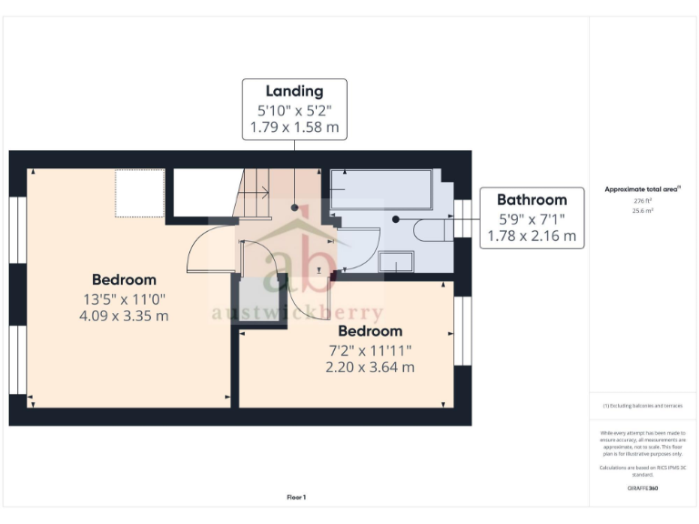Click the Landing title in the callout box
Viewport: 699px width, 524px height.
294,91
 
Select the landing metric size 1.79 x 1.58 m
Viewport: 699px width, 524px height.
294,127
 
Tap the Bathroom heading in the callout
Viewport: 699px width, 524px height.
532,200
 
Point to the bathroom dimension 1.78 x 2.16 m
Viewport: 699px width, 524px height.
532,236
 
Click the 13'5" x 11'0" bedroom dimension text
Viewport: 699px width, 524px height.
124,298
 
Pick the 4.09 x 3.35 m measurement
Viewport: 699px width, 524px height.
124,316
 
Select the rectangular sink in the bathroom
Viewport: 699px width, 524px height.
396,262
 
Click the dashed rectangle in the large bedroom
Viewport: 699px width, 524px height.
139,192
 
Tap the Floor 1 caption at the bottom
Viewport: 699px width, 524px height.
296,498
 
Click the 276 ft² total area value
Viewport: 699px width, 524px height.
643,200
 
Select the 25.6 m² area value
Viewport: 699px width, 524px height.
643,210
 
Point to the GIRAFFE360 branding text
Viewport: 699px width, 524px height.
643,489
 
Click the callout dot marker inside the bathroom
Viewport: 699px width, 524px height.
395,219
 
